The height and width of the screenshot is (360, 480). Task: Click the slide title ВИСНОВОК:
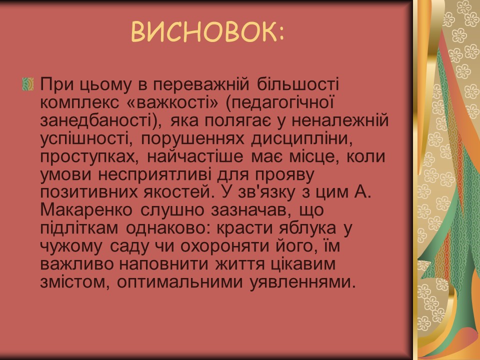pyautogui.click(x=208, y=32)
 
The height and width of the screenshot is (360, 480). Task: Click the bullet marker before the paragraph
pyautogui.click(x=28, y=84)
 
